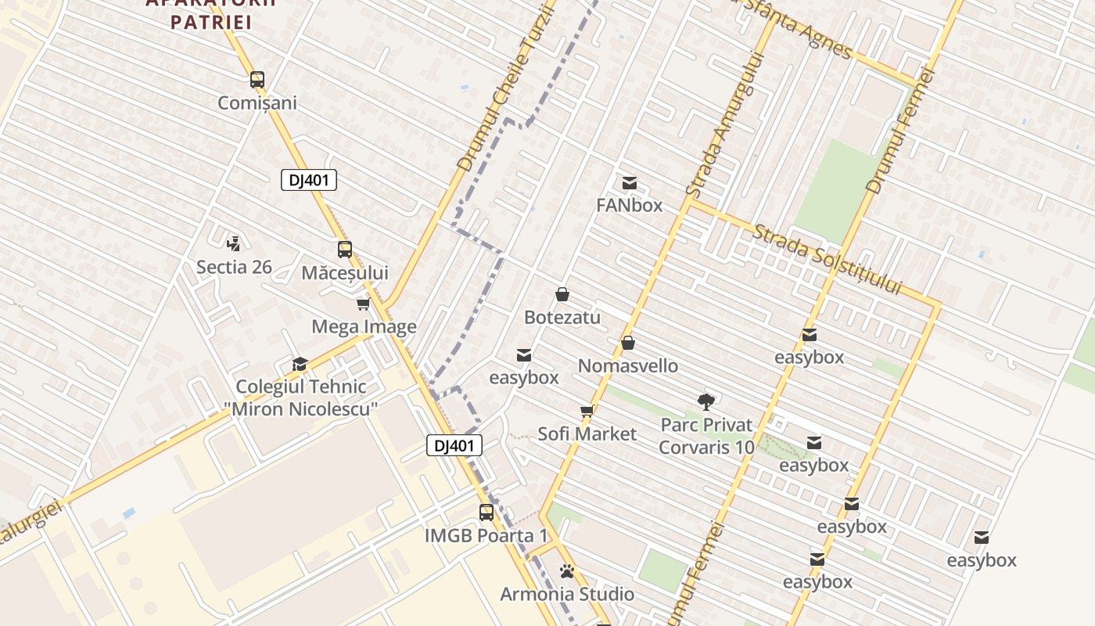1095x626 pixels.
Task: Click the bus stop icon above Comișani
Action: click(x=257, y=80)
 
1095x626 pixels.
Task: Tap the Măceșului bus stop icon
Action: click(x=345, y=250)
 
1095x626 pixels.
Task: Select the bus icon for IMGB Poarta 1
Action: click(x=486, y=513)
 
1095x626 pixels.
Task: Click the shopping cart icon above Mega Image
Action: click(x=363, y=304)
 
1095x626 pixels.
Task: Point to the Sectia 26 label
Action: click(x=234, y=267)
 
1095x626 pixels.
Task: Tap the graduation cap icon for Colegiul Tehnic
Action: click(x=300, y=364)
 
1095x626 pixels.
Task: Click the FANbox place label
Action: click(x=629, y=205)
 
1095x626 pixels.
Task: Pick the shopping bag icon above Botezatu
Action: click(x=562, y=294)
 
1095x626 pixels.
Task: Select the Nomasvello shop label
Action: click(x=628, y=365)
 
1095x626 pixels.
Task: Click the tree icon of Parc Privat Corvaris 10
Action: click(x=706, y=402)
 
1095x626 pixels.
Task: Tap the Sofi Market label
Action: click(x=587, y=434)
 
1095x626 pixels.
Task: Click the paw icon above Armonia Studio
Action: click(x=567, y=572)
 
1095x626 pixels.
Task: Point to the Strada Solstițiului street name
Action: click(x=828, y=259)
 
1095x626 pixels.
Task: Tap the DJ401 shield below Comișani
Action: click(x=309, y=180)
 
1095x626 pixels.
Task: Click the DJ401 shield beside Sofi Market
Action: click(x=454, y=446)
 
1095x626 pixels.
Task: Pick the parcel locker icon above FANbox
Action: click(x=629, y=183)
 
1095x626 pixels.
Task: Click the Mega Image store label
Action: click(x=364, y=326)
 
